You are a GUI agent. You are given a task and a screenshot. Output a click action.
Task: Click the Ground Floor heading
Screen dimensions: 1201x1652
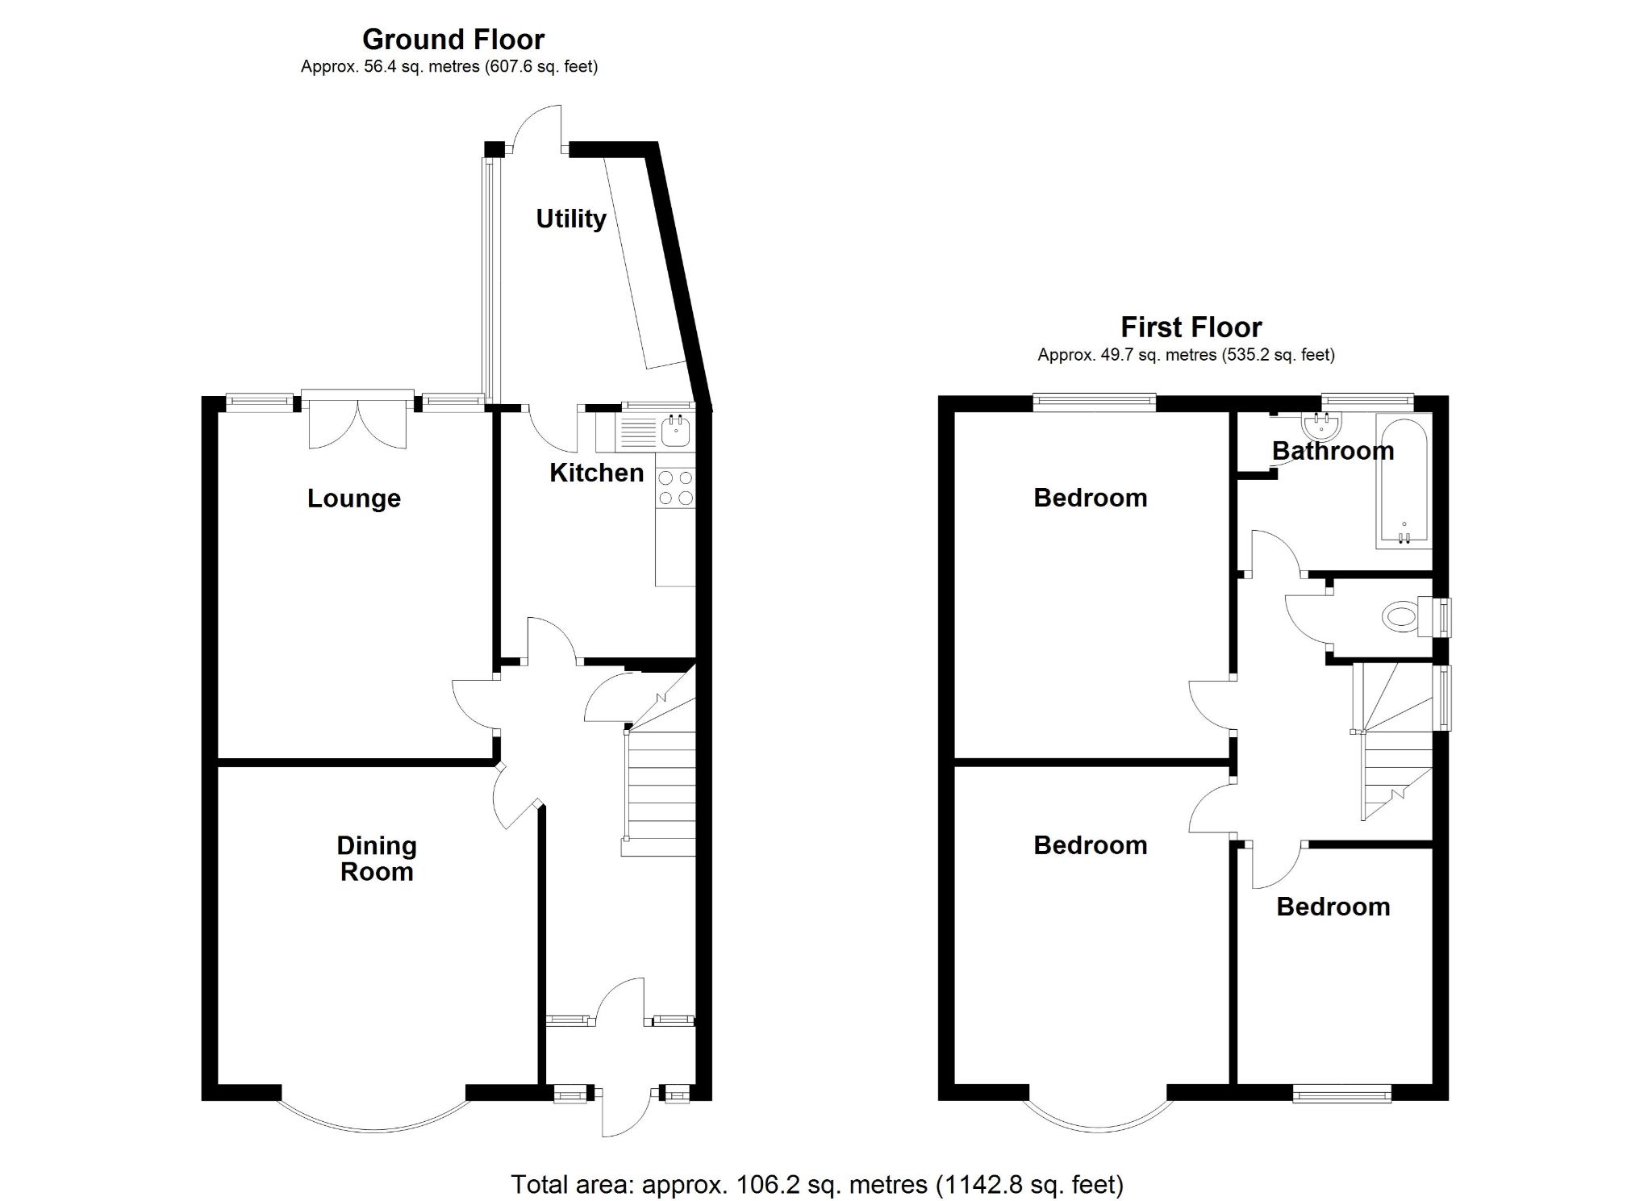click(x=453, y=39)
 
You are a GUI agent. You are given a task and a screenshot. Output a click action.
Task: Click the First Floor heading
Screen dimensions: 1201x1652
click(x=1191, y=327)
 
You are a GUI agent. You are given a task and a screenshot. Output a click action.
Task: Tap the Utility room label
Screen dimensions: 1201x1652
click(x=570, y=219)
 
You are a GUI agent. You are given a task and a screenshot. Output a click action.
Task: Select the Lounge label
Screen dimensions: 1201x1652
click(x=353, y=498)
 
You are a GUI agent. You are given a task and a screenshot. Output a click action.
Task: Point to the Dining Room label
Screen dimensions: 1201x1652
click(x=376, y=858)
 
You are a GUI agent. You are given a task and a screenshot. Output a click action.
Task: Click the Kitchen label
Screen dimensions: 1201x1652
click(x=596, y=473)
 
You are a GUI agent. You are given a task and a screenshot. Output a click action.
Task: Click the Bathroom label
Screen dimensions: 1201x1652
click(x=1333, y=451)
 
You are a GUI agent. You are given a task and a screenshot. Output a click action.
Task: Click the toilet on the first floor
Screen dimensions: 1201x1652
click(x=1401, y=618)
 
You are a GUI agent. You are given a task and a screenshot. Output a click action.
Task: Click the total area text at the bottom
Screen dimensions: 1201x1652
click(x=816, y=1184)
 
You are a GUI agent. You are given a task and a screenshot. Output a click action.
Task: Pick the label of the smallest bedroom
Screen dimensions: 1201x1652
click(x=1333, y=907)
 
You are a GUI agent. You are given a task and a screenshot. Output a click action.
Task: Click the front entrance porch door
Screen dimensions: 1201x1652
click(x=624, y=1113)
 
